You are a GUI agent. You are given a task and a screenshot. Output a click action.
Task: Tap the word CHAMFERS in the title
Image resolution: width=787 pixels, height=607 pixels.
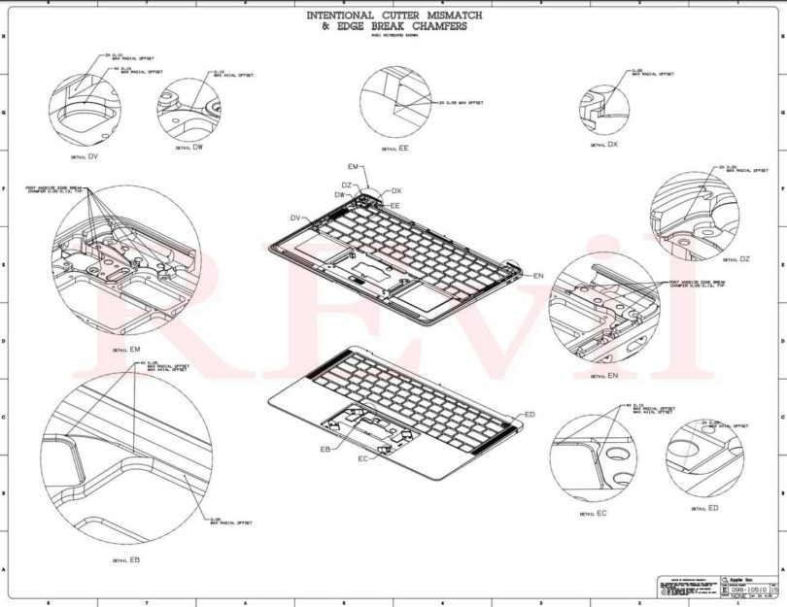point(438,27)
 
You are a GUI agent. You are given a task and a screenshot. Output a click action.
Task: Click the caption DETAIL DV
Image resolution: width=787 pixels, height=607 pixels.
point(86,156)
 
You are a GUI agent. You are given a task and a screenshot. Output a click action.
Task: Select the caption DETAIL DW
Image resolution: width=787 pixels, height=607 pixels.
point(189,148)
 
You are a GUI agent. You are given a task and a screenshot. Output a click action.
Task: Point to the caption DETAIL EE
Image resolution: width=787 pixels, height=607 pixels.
point(395,149)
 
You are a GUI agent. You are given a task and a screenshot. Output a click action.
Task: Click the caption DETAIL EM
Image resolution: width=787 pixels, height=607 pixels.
point(127,348)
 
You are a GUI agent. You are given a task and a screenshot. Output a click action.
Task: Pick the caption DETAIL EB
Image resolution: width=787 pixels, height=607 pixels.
point(127,559)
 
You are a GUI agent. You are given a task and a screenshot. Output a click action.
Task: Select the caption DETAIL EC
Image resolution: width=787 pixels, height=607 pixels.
point(594,513)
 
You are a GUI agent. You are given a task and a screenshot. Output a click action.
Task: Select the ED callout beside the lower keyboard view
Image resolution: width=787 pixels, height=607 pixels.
point(530,414)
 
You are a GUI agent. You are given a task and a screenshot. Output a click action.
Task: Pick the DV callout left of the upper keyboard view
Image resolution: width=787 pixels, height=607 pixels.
point(294,217)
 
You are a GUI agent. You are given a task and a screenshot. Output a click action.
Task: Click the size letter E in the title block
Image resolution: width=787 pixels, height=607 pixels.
point(723,590)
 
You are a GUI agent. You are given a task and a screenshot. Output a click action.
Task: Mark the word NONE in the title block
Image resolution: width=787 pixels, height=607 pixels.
point(740,595)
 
